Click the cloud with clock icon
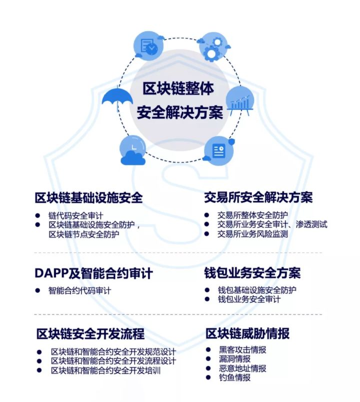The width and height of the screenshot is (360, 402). [x=132, y=151]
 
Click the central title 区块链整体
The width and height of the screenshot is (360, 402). [x=178, y=89]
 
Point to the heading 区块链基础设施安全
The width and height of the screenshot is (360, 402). [x=89, y=197]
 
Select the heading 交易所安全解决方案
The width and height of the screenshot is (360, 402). [x=258, y=197]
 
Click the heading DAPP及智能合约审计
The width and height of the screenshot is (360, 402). [x=93, y=273]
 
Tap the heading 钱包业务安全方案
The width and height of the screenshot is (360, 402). [x=252, y=273]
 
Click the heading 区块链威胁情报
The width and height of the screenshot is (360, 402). [x=247, y=333]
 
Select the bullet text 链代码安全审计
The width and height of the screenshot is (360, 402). [x=76, y=216]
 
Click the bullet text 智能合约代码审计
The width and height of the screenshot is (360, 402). [x=79, y=290]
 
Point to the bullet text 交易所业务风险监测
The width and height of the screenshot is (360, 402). [x=252, y=234]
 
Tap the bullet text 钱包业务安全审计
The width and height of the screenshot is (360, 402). [x=249, y=299]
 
